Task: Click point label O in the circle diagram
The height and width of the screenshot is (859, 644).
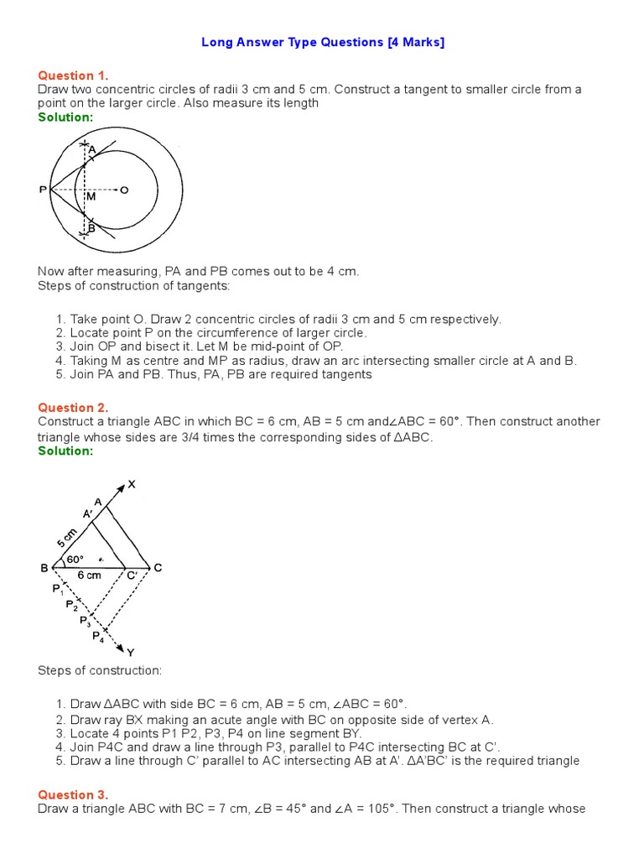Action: click(124, 190)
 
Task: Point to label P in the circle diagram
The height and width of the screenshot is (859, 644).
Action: click(43, 190)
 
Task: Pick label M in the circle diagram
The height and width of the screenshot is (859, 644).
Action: click(91, 196)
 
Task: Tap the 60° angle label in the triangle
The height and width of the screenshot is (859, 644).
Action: click(75, 559)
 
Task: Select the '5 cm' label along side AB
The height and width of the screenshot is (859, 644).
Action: click(66, 536)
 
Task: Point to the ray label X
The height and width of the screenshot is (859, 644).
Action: click(131, 484)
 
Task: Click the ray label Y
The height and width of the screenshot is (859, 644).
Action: click(131, 652)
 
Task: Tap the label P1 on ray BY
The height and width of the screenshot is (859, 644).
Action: click(58, 589)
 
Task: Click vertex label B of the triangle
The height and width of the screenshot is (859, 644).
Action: click(44, 568)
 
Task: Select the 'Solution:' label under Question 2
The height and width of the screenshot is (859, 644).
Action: click(65, 450)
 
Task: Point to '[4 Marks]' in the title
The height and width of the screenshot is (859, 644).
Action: click(416, 43)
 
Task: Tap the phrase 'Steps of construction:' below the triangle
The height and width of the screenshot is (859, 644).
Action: click(100, 671)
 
